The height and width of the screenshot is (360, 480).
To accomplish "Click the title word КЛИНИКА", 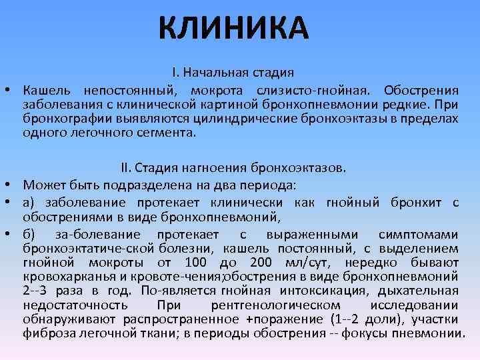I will [x=234, y=27].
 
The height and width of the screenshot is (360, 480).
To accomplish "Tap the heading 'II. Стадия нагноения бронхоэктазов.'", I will [x=233, y=166].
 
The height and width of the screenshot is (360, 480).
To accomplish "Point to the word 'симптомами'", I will [x=418, y=234].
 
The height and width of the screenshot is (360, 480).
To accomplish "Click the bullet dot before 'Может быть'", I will [x=13, y=185].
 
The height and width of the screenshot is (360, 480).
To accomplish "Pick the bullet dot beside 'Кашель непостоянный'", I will [x=13, y=90].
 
